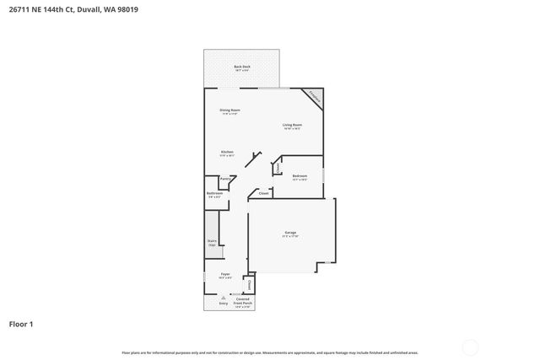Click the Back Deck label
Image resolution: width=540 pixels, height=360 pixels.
click(242, 67)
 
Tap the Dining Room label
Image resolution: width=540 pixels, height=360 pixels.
click(230, 110)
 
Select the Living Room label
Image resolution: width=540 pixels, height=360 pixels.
click(292, 125)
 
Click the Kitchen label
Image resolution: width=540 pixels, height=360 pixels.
click(227, 152)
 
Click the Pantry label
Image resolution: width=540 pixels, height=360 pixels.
click(225, 179)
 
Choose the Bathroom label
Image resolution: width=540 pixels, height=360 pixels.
click(214, 194)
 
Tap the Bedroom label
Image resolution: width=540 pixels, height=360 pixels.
click(300, 176)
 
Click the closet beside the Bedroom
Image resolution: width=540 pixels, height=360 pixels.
click(278, 168)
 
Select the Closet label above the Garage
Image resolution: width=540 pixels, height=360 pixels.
click(264, 193)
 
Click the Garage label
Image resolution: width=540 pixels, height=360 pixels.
click(290, 233)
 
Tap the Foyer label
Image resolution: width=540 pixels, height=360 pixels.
click(225, 274)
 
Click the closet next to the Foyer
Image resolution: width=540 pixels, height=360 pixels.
click(249, 285)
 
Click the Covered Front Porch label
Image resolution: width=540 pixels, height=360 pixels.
click(242, 302)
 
